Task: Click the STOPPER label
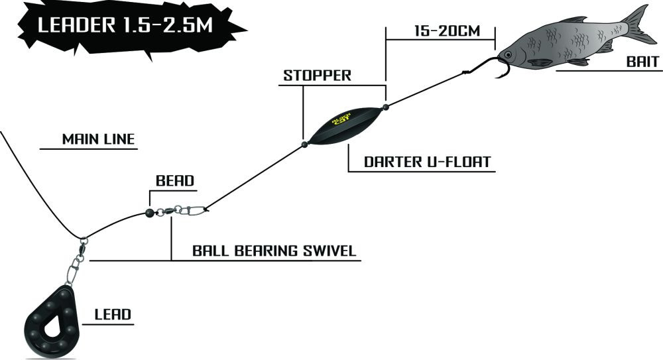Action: point(317,74)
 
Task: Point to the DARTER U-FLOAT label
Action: point(422,161)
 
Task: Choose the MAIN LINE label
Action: point(98,139)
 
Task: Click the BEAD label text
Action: point(174,180)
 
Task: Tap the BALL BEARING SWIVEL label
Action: point(274,251)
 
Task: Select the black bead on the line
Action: point(149,213)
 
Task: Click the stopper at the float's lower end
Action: point(303,143)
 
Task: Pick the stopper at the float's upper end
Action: point(385,105)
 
